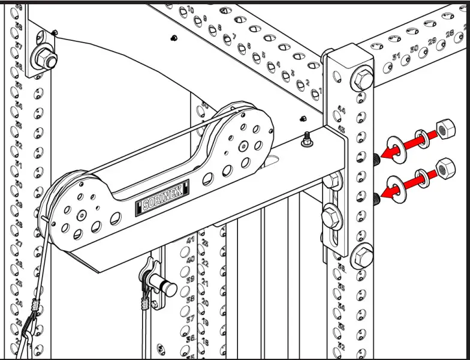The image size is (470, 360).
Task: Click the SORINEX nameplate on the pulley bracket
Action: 162,205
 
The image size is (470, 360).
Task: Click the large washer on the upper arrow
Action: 395,148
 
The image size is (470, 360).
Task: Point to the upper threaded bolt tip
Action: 376,158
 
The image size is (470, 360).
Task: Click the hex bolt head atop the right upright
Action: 362,79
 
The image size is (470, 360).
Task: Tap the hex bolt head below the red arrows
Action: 362,256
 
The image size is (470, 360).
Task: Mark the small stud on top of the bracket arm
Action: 306,139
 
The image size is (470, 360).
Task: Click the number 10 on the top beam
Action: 191,10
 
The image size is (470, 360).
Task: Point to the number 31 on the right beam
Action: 396,56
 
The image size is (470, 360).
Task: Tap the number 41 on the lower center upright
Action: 191,241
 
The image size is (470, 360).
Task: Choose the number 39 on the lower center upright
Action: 190,280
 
